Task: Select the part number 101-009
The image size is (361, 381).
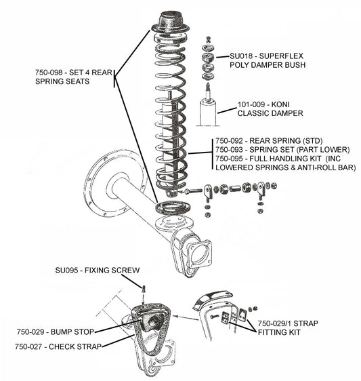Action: point(251,104)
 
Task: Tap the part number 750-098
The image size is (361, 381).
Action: point(49,71)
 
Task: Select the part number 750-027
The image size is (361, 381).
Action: point(30,346)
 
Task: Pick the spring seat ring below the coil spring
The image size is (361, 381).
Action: point(170,207)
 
